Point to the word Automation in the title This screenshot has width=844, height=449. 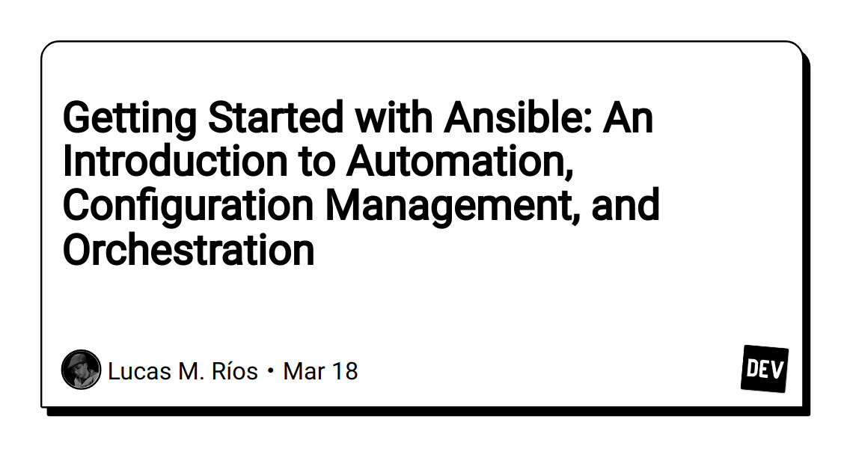(x=459, y=162)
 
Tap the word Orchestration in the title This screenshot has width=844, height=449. (x=189, y=250)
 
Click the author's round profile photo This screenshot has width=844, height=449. (x=81, y=370)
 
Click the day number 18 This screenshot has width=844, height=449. (x=343, y=370)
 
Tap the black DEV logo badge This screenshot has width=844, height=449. (x=765, y=369)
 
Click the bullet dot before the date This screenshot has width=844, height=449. (x=270, y=371)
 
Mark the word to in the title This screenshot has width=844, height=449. (x=316, y=162)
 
